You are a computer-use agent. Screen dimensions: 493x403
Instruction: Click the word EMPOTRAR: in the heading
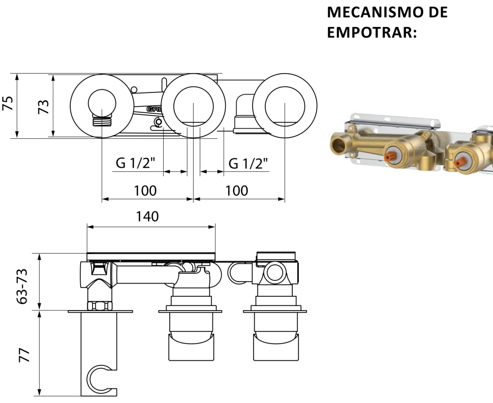(372, 33)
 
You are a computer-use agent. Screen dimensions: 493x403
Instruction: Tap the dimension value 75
(8, 103)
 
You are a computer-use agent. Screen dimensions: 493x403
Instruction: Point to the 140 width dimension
(147, 216)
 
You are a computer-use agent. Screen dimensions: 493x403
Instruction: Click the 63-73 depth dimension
(22, 286)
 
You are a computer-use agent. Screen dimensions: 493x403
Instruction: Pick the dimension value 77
(24, 355)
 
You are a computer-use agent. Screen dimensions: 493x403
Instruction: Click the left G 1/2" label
(136, 163)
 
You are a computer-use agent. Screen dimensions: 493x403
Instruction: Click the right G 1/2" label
(249, 163)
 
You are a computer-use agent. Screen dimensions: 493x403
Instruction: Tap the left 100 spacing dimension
(145, 191)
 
